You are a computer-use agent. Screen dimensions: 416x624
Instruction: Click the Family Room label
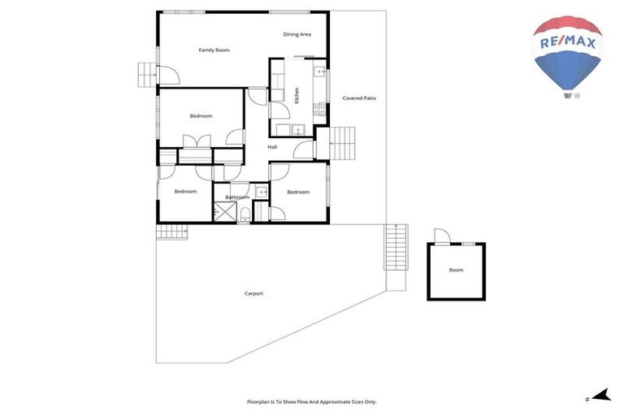point(214,50)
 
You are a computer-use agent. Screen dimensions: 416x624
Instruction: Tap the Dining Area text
point(297,34)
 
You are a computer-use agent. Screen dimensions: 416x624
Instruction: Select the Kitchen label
point(297,95)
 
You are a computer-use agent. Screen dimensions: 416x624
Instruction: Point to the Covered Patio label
point(358,98)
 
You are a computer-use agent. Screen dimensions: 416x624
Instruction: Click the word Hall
point(272,147)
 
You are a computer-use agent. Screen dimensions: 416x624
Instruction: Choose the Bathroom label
point(237,197)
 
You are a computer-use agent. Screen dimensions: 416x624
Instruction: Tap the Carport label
point(253,293)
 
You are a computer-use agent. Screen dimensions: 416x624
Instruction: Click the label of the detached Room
point(456,270)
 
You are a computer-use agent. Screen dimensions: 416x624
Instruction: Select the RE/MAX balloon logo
point(567,55)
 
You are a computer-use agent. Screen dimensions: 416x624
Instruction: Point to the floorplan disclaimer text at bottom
point(311,401)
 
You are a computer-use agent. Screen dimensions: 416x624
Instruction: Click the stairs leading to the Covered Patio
point(344,144)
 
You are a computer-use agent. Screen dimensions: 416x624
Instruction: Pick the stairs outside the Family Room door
point(146,75)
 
